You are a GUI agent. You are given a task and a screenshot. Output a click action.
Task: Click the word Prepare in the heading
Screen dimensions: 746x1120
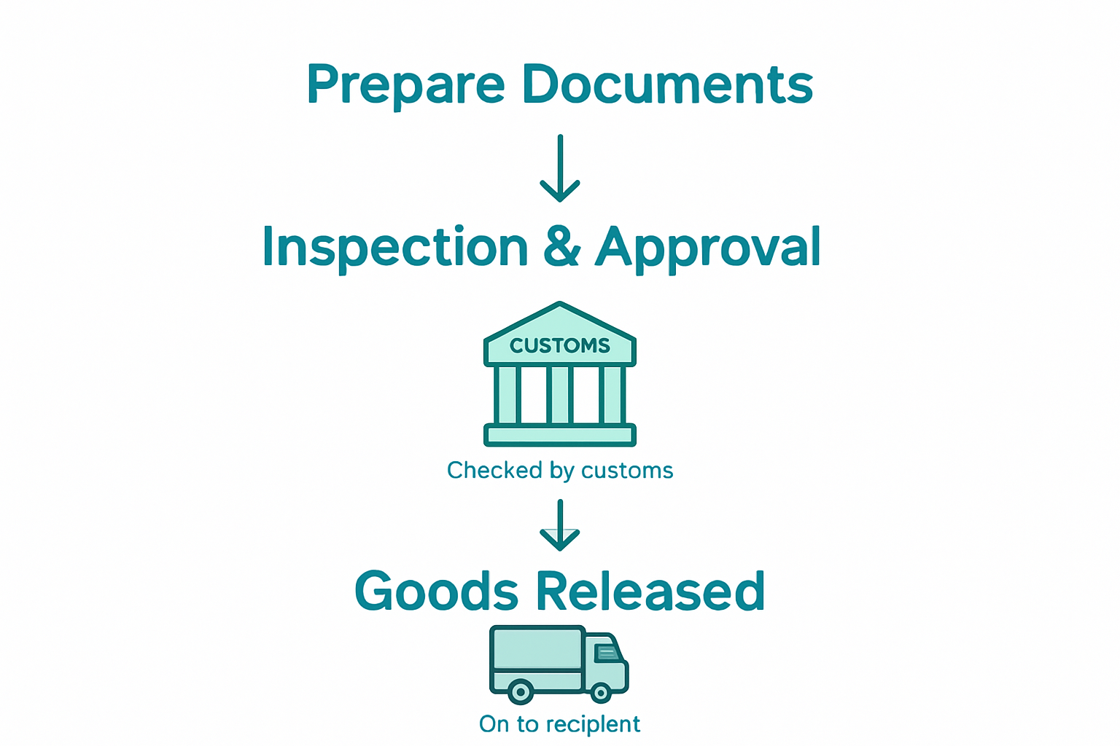405,86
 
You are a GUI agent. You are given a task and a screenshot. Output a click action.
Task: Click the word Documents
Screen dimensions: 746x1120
667,85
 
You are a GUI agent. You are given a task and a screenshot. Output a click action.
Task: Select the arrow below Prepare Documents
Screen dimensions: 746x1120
560,169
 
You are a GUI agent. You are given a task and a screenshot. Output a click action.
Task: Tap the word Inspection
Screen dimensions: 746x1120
394,248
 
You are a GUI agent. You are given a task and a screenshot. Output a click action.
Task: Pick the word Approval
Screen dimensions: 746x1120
708,248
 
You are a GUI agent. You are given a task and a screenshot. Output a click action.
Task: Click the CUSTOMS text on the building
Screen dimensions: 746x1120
560,345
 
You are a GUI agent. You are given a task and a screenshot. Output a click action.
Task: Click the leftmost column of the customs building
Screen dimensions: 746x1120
507,394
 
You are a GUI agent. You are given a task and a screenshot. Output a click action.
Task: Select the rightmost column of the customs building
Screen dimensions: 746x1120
612,394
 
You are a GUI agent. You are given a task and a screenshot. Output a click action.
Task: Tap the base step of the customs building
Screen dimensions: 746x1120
560,436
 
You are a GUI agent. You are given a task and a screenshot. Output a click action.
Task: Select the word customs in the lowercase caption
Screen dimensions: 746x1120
627,471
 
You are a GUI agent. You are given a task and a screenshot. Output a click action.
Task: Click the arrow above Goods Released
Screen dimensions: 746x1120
560,526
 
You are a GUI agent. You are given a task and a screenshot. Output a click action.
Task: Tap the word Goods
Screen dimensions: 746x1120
436,591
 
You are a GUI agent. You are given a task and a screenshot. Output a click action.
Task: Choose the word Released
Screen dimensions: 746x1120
650,591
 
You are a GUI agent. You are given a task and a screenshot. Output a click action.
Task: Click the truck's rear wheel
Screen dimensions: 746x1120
521,691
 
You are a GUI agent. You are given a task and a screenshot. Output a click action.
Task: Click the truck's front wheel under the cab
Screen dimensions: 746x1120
601,692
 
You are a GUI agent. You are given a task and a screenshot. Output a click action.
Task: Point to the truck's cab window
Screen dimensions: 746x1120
607,652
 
